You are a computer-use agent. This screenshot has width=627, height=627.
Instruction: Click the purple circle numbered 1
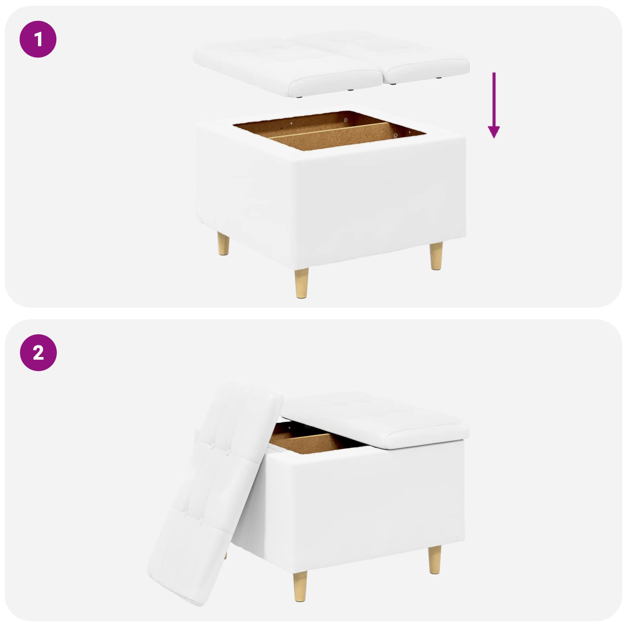click(38, 39)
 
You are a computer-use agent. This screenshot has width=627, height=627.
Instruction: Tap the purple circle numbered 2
click(38, 353)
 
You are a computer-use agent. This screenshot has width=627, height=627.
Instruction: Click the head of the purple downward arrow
click(494, 132)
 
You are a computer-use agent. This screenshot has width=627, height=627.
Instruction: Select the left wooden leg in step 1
click(223, 244)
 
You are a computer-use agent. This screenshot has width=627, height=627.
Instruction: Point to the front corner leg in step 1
click(301, 283)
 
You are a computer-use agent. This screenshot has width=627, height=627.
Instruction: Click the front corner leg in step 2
click(300, 586)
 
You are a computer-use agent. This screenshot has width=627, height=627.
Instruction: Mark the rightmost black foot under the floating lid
click(439, 78)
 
